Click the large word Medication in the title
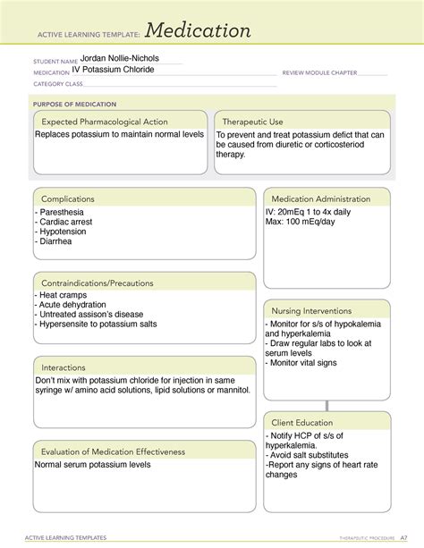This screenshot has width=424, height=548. coord(199,31)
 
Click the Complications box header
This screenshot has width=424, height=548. coord(68,198)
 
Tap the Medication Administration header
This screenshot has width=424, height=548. coord(320,198)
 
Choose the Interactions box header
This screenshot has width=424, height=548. coord(64,367)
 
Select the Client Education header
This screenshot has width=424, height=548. coord(302,422)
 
